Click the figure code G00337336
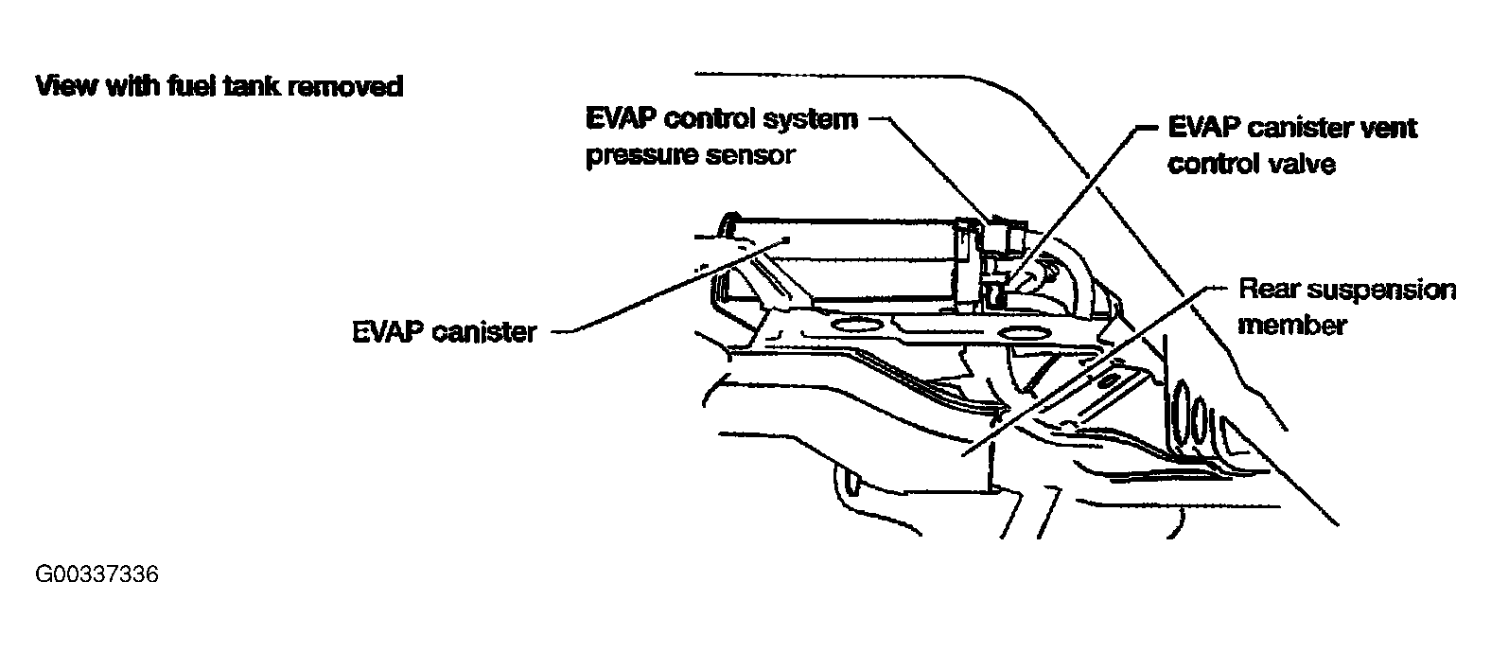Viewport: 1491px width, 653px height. click(96, 575)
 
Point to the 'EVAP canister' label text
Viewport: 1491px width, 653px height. click(444, 332)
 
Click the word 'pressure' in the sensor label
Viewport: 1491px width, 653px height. click(641, 156)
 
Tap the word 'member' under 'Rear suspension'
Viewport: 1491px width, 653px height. click(1291, 326)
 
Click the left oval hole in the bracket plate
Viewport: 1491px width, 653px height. click(856, 327)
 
